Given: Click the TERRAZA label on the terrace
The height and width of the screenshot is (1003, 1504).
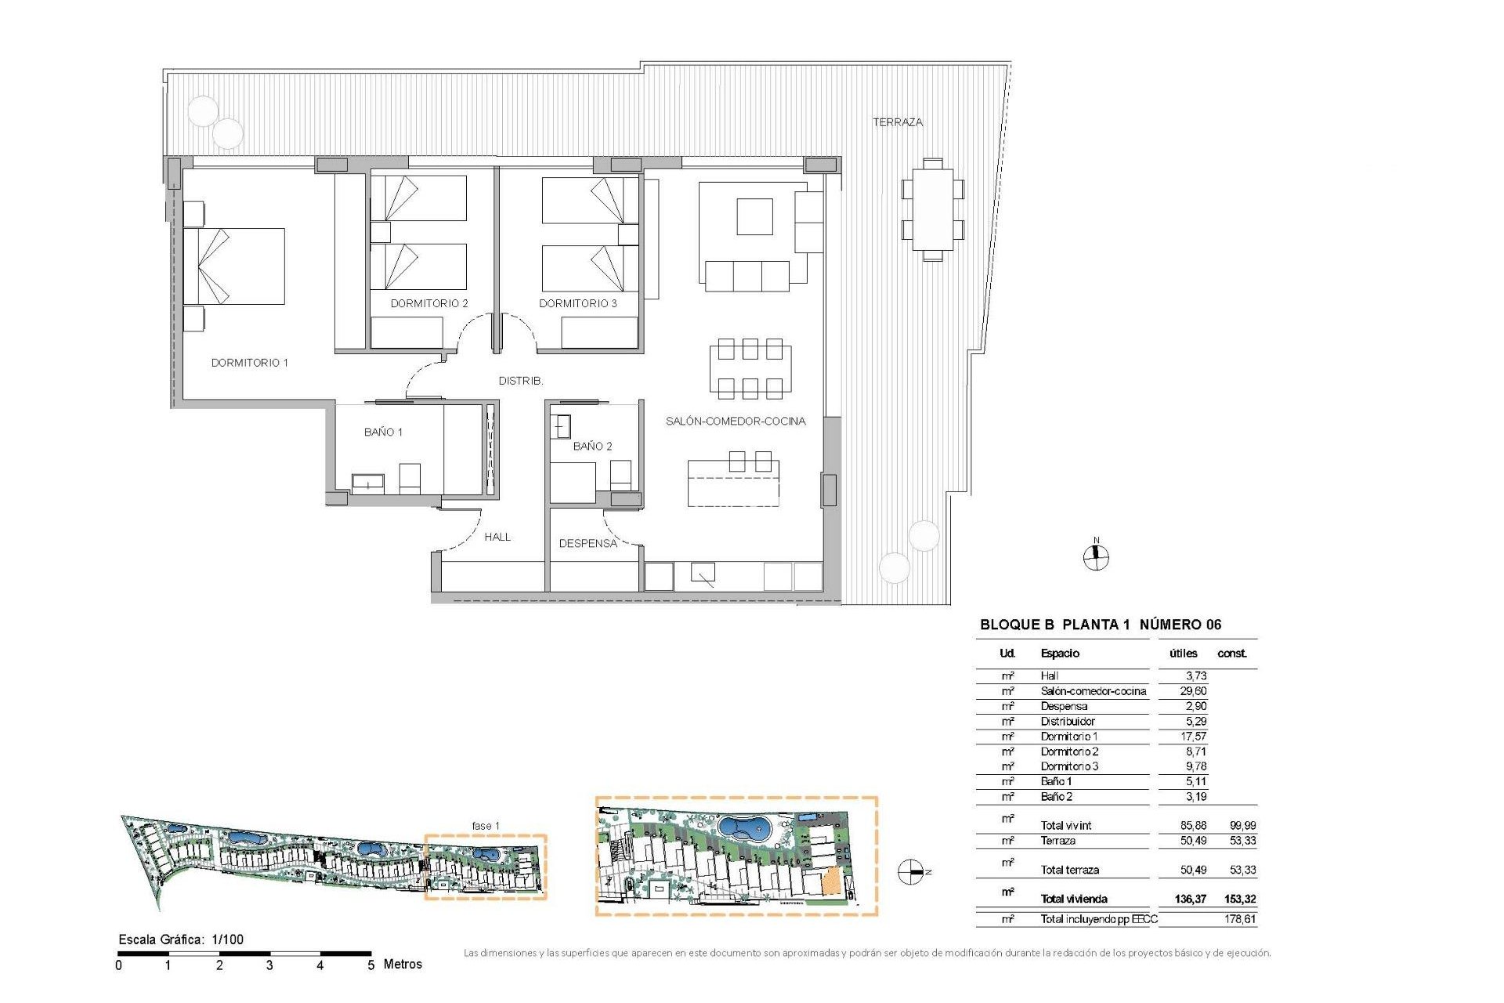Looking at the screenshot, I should (x=898, y=122).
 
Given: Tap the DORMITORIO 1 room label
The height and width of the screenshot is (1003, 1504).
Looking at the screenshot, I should (x=249, y=363).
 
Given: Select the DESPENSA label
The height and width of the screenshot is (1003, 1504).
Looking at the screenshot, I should (x=587, y=543).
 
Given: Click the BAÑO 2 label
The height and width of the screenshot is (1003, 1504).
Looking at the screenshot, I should (x=592, y=446).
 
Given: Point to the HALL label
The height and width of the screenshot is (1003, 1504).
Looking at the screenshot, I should (x=497, y=537).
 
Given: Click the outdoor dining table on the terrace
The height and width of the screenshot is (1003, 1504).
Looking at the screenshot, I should (x=932, y=209).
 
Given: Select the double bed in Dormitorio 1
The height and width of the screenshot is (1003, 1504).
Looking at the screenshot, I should (x=234, y=266).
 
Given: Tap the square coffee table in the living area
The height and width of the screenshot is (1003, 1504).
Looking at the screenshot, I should (x=754, y=216).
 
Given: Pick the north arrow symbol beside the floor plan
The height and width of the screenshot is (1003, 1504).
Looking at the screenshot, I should (x=1096, y=557).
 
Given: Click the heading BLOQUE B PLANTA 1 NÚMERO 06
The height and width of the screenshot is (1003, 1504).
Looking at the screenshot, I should (x=1100, y=625).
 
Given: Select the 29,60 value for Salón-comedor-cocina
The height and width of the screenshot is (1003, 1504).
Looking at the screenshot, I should (x=1193, y=691).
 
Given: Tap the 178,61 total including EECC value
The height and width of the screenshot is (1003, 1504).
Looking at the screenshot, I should (x=1240, y=919).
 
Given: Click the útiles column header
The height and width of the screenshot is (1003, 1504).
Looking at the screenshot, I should (x=1183, y=654).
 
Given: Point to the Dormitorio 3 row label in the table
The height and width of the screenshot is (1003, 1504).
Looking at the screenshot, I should (x=1069, y=766).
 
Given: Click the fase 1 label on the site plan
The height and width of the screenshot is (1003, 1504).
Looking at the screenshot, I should (x=486, y=826).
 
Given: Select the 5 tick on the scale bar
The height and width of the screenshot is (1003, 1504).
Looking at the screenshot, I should (x=371, y=965).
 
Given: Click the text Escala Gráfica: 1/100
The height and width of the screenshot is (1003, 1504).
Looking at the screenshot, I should (x=181, y=940).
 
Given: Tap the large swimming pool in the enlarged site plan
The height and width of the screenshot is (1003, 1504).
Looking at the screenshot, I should (x=745, y=827).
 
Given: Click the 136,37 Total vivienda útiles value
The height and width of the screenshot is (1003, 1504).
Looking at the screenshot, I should (x=1190, y=899).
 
